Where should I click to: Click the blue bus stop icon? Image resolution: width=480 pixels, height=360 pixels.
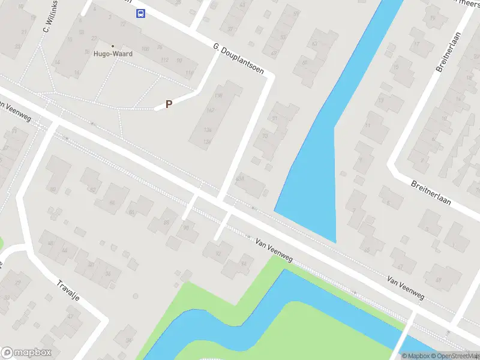tap(140, 14)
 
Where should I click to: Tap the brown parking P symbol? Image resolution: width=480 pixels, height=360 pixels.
tap(169, 104)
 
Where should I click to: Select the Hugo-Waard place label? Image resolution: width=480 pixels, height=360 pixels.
tap(113, 53)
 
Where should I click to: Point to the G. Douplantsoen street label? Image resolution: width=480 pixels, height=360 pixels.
tap(238, 58)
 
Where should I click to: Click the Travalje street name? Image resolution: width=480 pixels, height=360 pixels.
tap(68, 293)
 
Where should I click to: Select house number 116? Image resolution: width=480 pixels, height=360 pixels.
tap(190, 73)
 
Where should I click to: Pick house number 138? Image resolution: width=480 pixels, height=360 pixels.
tap(218, 95)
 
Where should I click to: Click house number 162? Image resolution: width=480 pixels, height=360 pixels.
tap(210, 110)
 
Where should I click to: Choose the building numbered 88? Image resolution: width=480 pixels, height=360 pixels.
tap(166, 223)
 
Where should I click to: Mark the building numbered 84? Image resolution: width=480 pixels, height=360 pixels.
tap(112, 203)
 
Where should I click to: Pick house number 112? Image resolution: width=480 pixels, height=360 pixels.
tap(164, 59)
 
